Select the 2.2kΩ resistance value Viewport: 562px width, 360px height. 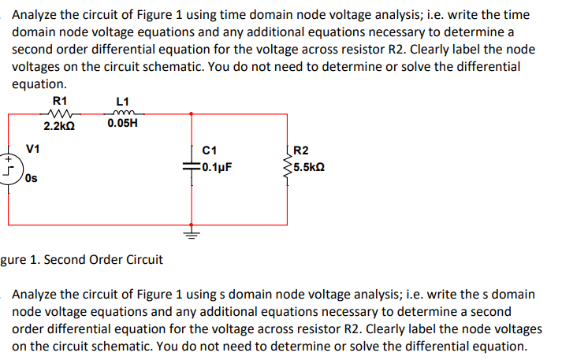pos(59,125)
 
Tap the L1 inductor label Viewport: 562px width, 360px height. pos(121,101)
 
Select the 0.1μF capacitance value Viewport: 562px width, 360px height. pos(216,167)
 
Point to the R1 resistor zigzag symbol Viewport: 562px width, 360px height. pos(60,113)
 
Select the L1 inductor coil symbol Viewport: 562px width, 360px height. pos(122,112)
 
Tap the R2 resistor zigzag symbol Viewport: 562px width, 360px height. pos(287,161)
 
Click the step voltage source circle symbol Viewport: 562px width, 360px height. pos(9,168)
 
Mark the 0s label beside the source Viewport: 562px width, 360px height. pos(31,179)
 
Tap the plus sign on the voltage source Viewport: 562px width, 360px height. pos(8,158)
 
